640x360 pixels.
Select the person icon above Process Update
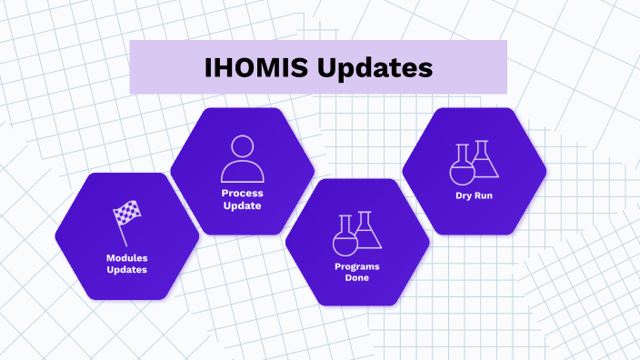pos(242,159)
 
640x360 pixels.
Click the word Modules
pos(126,257)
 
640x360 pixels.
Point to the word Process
pos(242,194)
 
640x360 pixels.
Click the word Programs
pos(356,266)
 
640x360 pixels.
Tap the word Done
pos(356,278)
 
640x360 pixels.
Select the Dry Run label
pos(474,195)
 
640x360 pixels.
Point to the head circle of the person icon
pos(242,147)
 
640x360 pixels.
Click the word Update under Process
pos(242,205)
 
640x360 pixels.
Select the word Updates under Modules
pos(126,270)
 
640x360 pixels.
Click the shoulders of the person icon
pos(242,172)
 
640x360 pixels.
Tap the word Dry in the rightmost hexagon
pos(464,195)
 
